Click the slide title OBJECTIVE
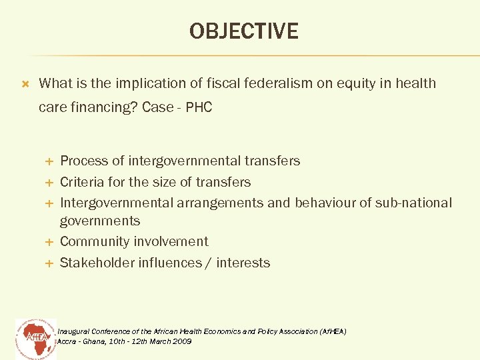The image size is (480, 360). [243, 31]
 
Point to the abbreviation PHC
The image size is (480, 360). [199, 107]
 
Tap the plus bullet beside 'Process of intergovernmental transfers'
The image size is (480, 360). [48, 161]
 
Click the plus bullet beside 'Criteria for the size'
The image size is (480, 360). [48, 183]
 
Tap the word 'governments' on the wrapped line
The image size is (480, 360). [100, 221]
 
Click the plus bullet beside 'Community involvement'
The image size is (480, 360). [48, 242]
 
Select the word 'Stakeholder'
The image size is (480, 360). [97, 263]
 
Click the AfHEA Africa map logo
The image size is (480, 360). [35, 337]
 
